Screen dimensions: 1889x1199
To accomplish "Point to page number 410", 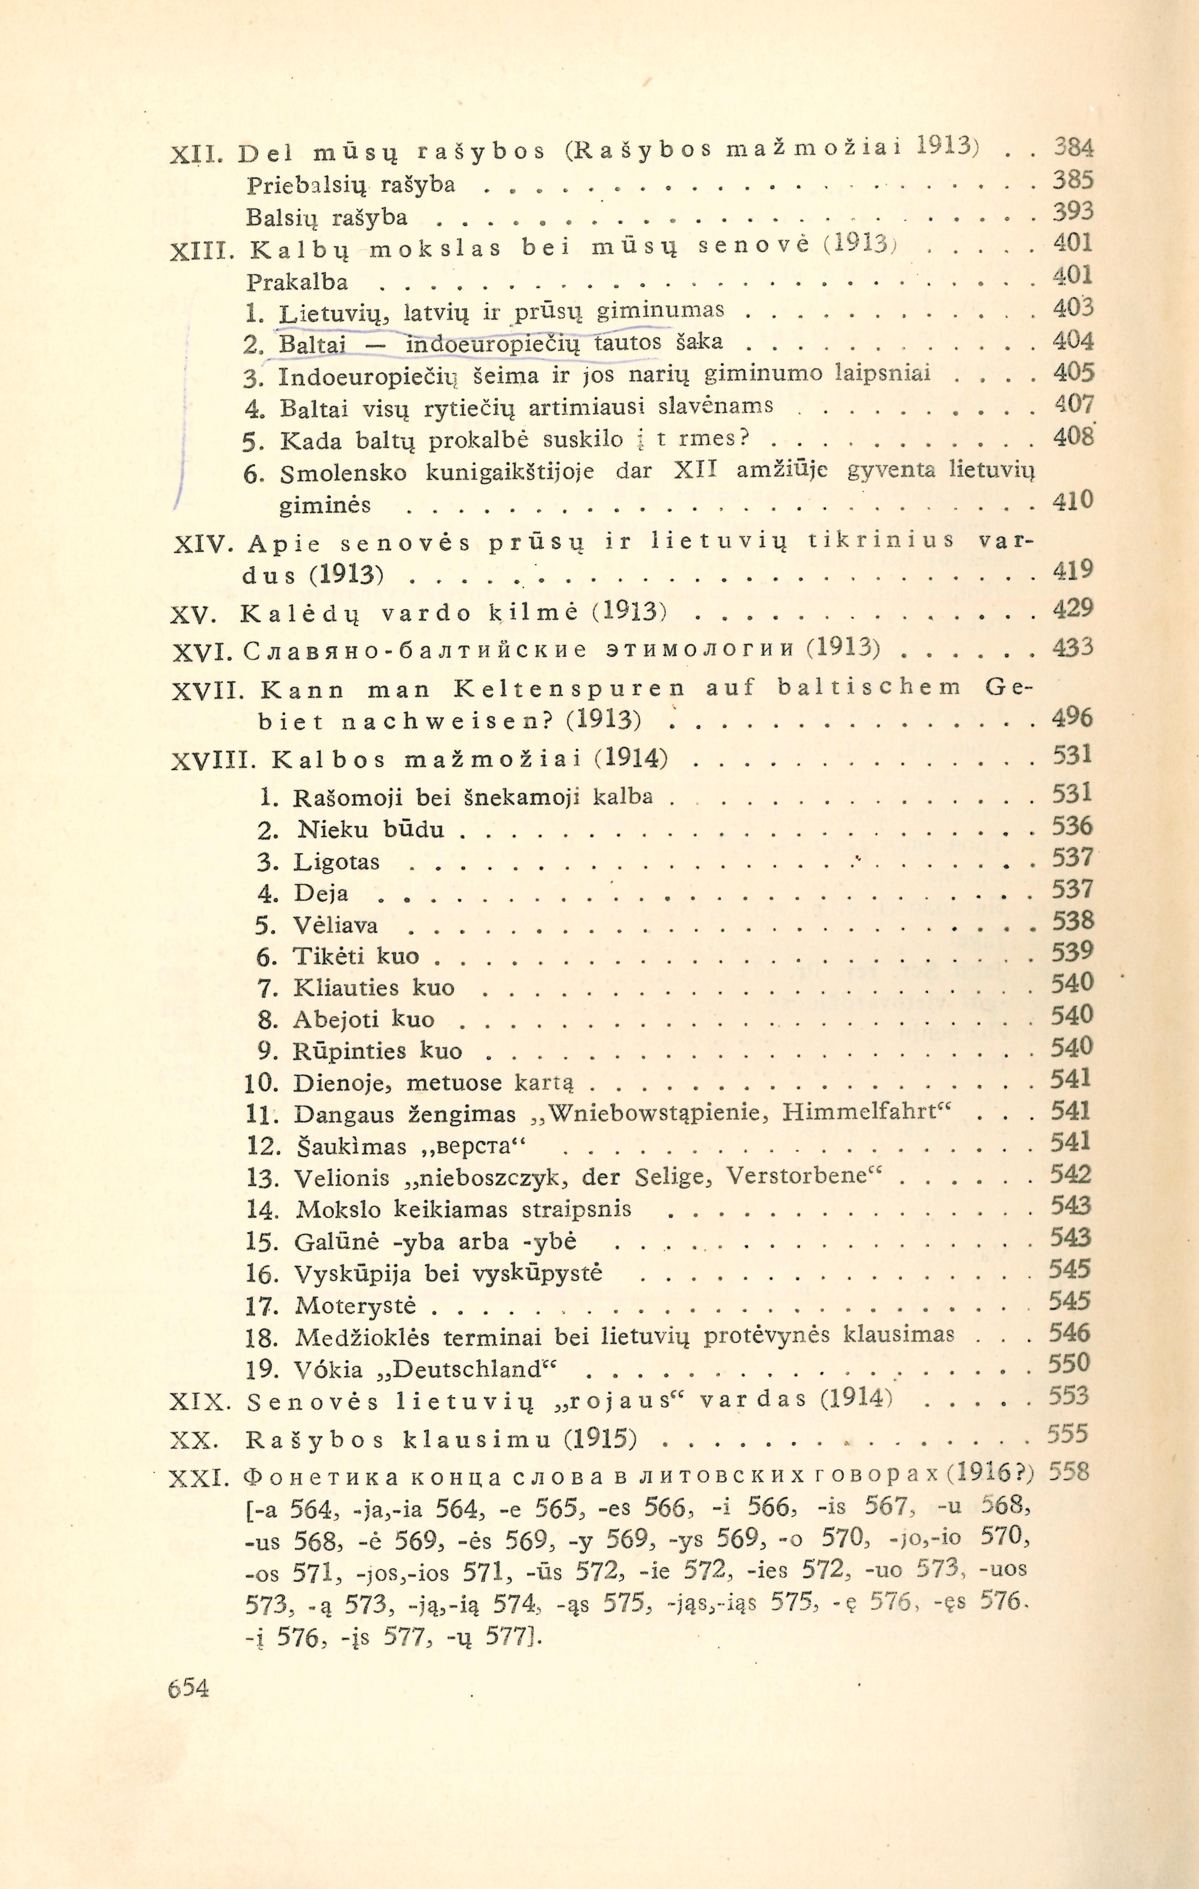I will (x=1072, y=500).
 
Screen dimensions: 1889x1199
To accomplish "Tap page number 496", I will (x=1072, y=718).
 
